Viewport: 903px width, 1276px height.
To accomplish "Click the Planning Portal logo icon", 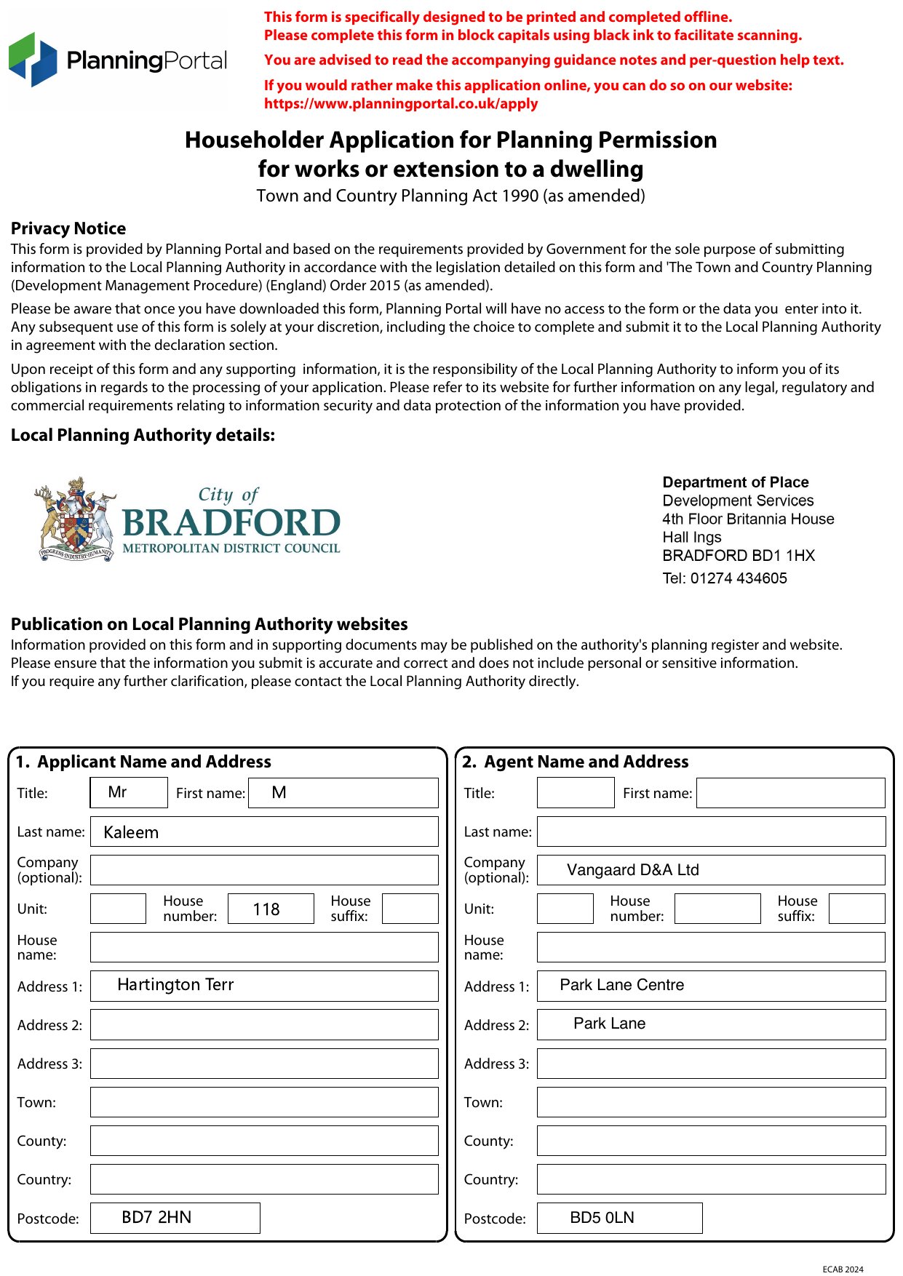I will click(x=33, y=60).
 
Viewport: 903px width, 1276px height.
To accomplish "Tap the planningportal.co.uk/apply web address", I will click(x=401, y=103).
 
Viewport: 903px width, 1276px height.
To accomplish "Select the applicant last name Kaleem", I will click(x=131, y=832).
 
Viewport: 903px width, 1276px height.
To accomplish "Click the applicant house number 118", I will click(x=266, y=909).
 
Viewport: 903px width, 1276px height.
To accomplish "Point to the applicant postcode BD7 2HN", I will click(x=156, y=1218).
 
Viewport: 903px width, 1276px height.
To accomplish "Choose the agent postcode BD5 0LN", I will click(x=602, y=1218).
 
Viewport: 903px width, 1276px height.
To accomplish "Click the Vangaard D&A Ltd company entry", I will click(x=632, y=870).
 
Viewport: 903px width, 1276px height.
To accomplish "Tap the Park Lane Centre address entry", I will click(x=621, y=985).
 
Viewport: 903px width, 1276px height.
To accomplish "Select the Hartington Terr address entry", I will click(x=175, y=985).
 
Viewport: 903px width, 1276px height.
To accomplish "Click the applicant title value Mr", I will click(x=117, y=792).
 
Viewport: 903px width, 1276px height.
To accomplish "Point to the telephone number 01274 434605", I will click(x=738, y=578).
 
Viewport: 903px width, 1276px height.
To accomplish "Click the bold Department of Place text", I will click(x=735, y=482).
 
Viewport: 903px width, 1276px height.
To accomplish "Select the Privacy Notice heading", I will click(x=68, y=228).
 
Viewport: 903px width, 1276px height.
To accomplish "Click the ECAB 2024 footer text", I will click(x=843, y=1269).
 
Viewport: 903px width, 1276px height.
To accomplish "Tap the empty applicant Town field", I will click(x=264, y=1102).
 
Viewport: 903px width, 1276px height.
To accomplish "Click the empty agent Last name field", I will click(x=711, y=832).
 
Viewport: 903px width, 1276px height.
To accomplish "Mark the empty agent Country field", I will click(x=711, y=1179).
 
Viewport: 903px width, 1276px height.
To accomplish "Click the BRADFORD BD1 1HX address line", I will click(x=738, y=556).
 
